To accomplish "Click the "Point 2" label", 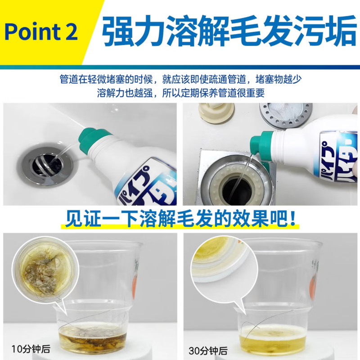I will [x=41, y=32].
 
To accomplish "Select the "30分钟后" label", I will [x=207, y=349].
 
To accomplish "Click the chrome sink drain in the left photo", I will [x=46, y=164].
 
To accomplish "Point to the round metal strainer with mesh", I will [x=285, y=114].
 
